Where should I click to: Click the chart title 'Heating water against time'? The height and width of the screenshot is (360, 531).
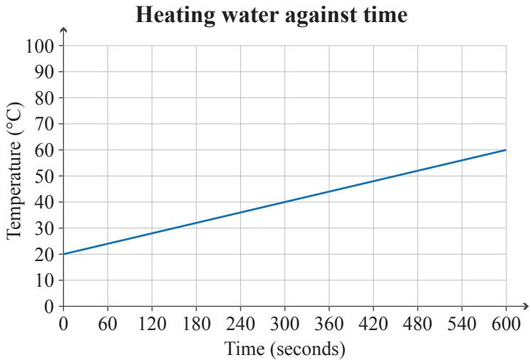[x=272, y=15]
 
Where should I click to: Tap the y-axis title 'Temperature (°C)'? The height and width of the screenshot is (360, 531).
[x=14, y=171]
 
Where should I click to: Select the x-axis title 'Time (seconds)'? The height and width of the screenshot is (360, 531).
[x=285, y=349]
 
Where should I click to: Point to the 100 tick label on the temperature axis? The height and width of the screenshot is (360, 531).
[x=40, y=46]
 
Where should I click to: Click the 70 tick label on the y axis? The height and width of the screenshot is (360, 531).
[x=44, y=124]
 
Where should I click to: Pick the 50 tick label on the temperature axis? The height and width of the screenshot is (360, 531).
[x=44, y=176]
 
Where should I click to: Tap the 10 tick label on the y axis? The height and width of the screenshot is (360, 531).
[x=44, y=280]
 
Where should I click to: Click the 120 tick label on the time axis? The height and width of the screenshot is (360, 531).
[x=152, y=324]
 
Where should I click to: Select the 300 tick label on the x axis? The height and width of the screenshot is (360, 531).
[x=285, y=324]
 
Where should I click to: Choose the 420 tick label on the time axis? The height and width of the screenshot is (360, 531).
[x=373, y=324]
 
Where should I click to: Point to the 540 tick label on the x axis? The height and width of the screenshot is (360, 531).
[x=462, y=324]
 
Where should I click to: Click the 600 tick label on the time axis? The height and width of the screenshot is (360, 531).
[x=506, y=324]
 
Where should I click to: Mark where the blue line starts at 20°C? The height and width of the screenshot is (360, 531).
[x=64, y=254]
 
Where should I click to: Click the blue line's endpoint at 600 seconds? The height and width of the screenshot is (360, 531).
[x=506, y=150]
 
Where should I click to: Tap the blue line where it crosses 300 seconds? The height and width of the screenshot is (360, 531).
[x=285, y=202]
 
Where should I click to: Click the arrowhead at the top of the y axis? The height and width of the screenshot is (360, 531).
[x=63, y=30]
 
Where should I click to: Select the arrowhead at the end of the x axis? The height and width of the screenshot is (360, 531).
[x=525, y=307]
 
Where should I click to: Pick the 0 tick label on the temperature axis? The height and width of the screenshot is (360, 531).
[x=49, y=307]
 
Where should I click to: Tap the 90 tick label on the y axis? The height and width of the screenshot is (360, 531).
[x=44, y=72]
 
